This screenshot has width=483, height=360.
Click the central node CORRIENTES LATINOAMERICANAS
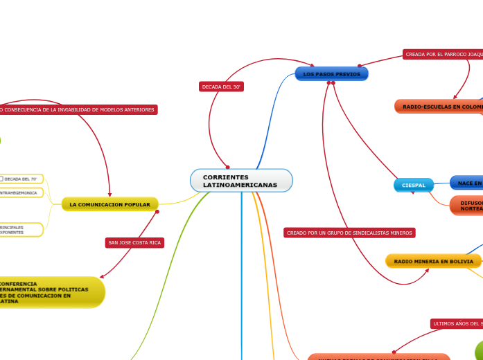point(241,181)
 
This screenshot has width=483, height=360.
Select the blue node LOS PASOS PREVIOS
point(331,73)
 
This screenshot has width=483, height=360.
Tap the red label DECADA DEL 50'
point(221,87)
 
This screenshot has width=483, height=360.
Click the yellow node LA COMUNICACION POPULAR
point(110,204)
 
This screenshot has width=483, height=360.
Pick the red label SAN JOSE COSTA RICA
point(134,242)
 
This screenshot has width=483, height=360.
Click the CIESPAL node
point(414,185)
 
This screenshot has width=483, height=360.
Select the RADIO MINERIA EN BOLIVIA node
point(433,261)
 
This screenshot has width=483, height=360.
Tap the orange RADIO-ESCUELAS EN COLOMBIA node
point(439,107)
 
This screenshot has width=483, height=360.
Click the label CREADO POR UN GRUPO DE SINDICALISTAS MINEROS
point(349,233)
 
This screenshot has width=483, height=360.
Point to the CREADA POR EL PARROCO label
point(442,54)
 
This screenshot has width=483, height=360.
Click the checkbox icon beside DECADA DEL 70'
point(1,179)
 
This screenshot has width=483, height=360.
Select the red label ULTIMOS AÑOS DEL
point(456,323)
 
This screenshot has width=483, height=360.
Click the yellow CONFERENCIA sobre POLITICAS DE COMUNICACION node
point(49,292)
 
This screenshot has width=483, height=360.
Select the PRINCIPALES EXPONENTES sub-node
point(21,230)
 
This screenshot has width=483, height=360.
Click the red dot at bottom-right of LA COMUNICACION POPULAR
point(157,211)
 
